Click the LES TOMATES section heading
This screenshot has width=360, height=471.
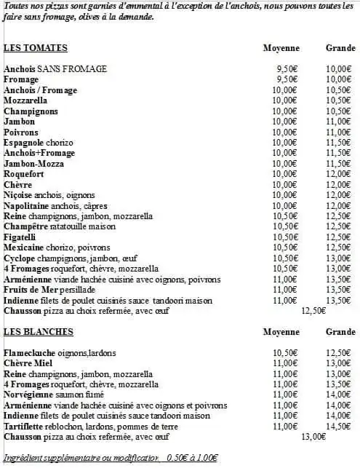click(x=36, y=48)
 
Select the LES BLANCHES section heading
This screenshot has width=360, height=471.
click(x=39, y=332)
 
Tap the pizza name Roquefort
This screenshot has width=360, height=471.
click(x=24, y=174)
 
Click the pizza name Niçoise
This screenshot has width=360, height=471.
click(x=18, y=195)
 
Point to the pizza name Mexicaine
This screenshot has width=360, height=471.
click(x=24, y=248)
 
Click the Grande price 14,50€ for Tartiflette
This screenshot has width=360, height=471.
click(x=339, y=426)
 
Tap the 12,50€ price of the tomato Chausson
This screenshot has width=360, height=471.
click(x=313, y=310)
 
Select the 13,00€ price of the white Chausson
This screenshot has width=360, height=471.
click(x=313, y=437)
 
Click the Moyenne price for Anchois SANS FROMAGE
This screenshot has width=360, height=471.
click(x=284, y=69)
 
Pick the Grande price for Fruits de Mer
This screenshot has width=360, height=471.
click(x=339, y=289)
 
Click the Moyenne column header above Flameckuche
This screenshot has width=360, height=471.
click(x=281, y=332)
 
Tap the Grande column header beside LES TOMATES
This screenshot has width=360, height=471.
click(x=340, y=48)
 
